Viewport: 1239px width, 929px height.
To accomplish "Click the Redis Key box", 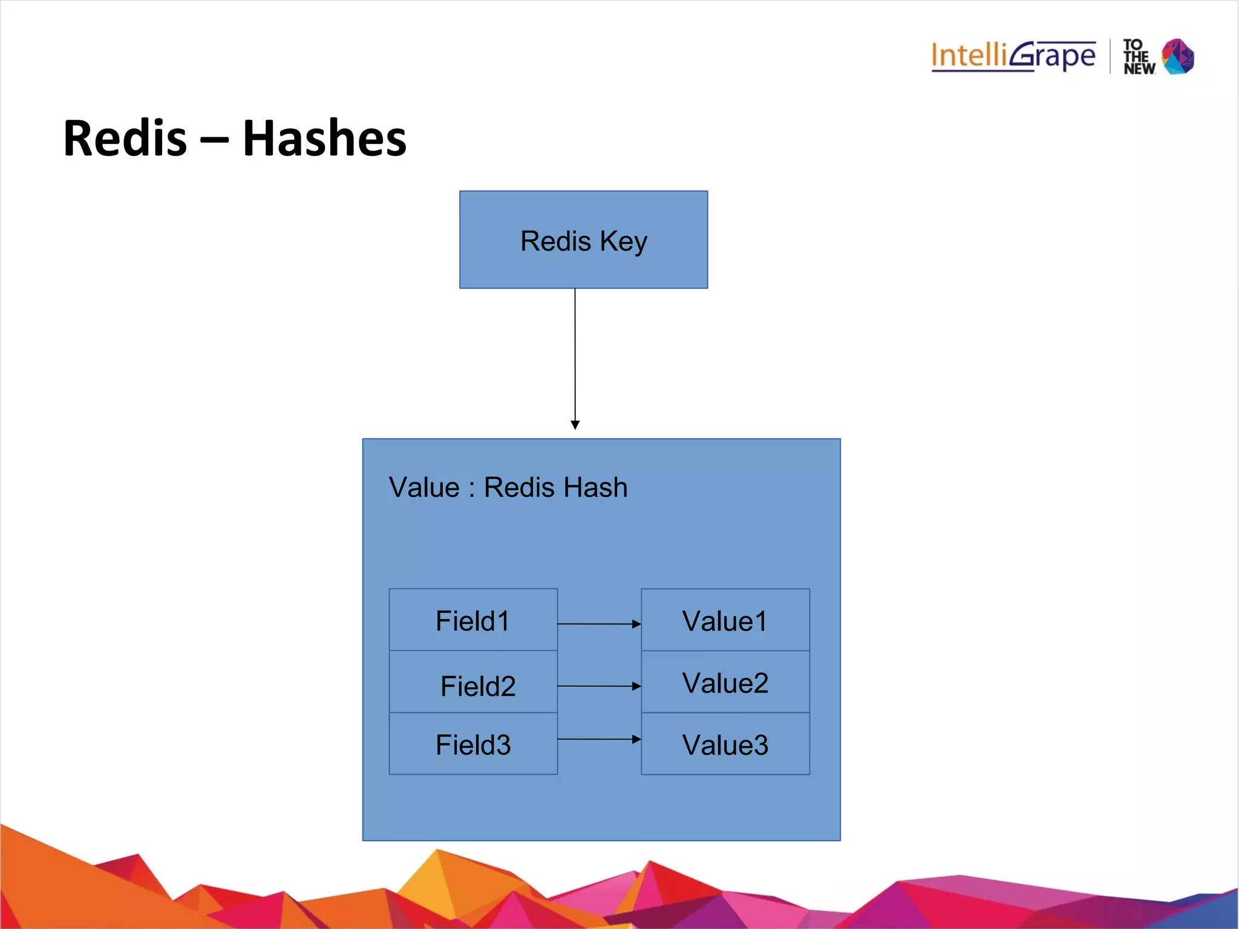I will [583, 240].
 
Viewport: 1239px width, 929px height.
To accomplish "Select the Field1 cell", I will [472, 620].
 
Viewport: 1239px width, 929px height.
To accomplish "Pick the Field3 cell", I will [472, 744].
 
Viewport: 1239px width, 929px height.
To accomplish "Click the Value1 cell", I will [725, 620].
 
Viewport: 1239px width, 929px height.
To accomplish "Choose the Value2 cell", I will [725, 683].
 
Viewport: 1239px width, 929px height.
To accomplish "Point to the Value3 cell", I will [725, 744].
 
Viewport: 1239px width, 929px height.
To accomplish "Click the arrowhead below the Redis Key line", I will [575, 425].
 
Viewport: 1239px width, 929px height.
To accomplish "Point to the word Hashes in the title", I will [324, 138].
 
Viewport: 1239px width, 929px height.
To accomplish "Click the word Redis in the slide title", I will [125, 138].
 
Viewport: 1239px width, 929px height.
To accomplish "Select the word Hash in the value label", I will [599, 487].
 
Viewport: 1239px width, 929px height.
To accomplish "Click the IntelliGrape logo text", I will [1013, 56].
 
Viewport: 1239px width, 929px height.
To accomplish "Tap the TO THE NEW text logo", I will [1138, 57].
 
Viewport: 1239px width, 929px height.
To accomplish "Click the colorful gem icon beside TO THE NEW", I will [1178, 56].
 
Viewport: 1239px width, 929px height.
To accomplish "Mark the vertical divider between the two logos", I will [1110, 56].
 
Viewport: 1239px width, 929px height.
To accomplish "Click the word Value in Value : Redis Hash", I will [424, 487].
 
